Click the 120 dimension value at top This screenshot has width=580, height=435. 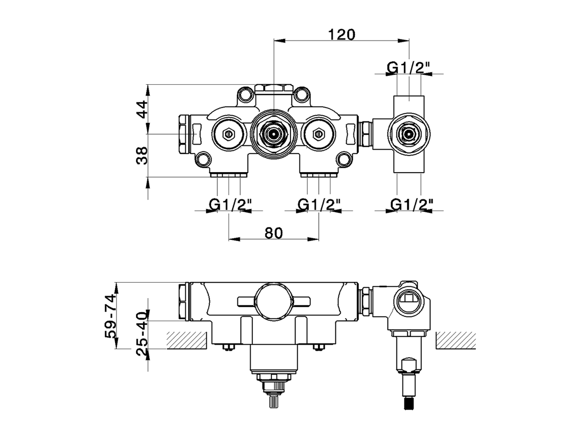point(342,34)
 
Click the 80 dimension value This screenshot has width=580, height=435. point(273,233)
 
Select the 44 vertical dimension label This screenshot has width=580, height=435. point(142,109)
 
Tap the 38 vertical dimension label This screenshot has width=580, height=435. point(142,155)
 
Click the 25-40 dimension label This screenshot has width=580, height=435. point(142,334)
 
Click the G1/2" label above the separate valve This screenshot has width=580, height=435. point(408,68)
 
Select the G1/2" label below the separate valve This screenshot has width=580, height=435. point(411,205)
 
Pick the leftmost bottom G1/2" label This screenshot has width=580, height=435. point(229,205)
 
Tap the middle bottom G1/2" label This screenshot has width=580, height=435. point(319,205)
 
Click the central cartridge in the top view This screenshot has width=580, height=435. point(273,134)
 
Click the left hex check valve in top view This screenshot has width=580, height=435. point(228,134)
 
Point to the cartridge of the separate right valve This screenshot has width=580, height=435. point(409,134)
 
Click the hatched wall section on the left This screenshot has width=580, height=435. point(187,340)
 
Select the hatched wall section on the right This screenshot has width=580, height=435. point(456,340)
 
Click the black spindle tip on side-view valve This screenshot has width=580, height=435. point(409,402)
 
